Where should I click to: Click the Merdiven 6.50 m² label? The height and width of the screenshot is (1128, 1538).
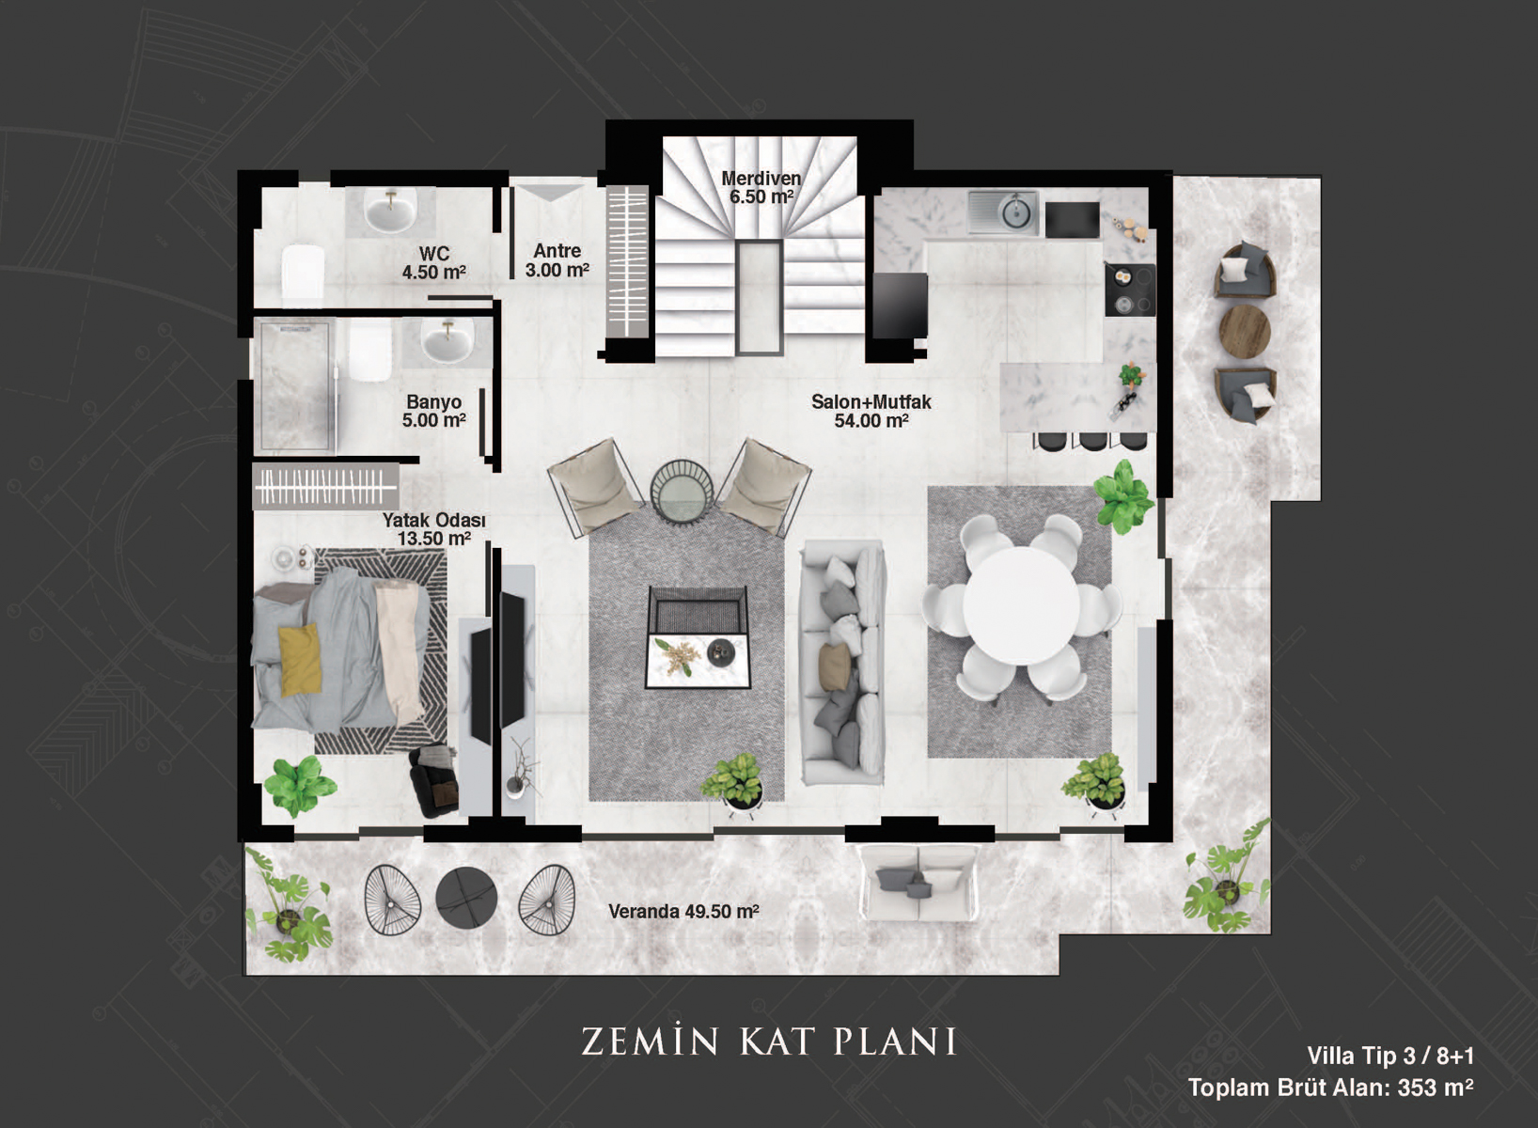pos(761,187)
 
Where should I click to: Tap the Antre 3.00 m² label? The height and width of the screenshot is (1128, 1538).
pos(557,261)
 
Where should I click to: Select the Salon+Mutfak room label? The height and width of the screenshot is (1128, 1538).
pos(871,411)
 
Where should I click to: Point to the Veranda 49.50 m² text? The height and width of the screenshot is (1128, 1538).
pos(683,911)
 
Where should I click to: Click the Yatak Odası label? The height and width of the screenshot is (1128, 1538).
pos(434,529)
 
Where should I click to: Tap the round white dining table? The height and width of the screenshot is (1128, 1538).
pos(1020,604)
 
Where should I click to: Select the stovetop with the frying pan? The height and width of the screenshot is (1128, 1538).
pos(1129,290)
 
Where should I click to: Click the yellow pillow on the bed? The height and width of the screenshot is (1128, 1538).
pos(299,660)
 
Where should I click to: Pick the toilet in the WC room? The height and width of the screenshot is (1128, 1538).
pos(303,275)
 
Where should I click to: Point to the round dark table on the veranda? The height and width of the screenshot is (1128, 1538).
pos(465,896)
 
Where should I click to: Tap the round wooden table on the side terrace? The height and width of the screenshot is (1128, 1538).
pos(1244,330)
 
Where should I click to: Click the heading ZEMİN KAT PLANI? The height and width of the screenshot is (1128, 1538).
pos(768,1040)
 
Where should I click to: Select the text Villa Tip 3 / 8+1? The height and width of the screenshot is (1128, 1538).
pos(1389,1056)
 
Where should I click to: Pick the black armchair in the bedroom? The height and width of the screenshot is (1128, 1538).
pos(434,782)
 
